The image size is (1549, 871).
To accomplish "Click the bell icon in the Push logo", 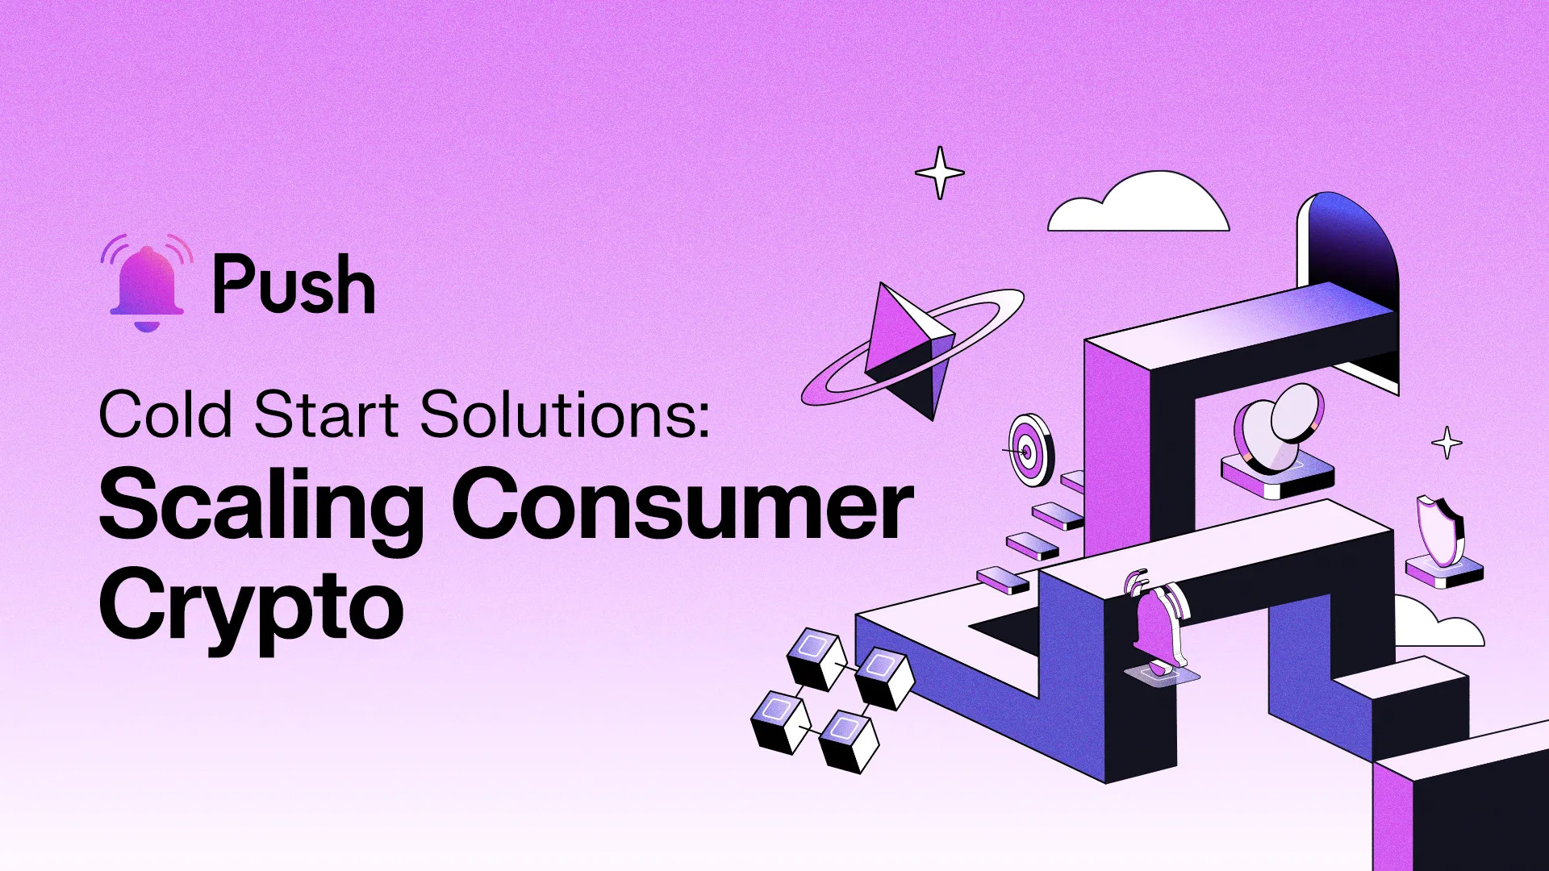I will [147, 284].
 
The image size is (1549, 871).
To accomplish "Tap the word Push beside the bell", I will [294, 284].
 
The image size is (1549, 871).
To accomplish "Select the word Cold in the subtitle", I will [165, 415].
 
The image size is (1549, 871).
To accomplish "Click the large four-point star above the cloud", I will [940, 173].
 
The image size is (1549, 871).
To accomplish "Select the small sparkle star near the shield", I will [1447, 443].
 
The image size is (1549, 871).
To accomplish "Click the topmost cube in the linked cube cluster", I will [816, 658].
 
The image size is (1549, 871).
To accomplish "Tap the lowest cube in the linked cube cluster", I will [849, 740].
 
